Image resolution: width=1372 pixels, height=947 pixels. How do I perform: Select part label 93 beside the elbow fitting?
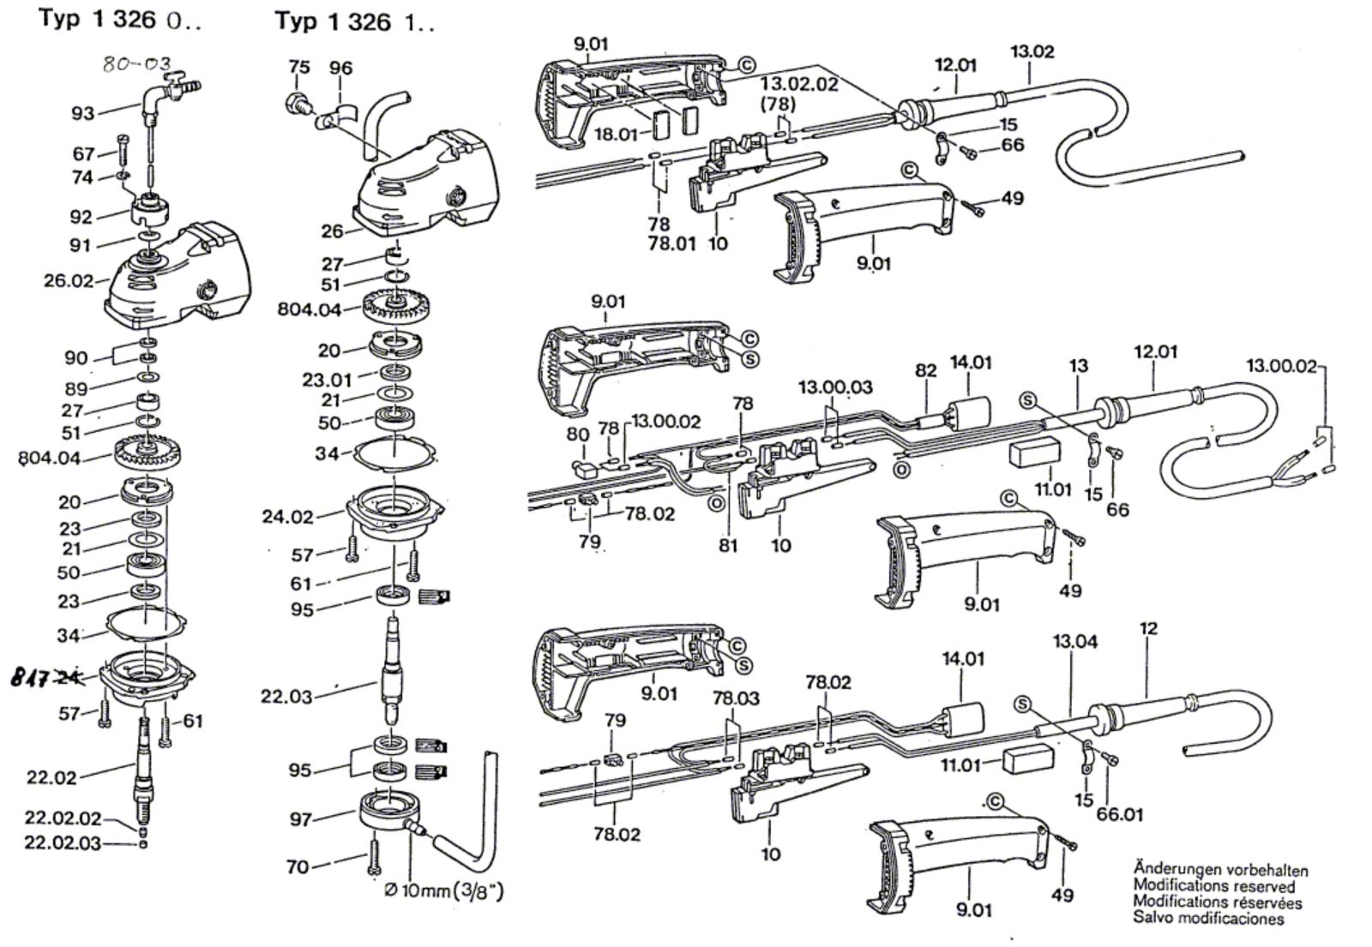pos(83,112)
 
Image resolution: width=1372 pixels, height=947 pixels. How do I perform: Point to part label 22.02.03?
pos(63,843)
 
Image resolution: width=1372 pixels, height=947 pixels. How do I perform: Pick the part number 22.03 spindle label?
pos(286,696)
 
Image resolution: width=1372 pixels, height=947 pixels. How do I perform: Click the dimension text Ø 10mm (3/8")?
pos(443,892)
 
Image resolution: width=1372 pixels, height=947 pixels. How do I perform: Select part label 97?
pos(300,819)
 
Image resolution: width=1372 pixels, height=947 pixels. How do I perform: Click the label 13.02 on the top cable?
pos(1032,51)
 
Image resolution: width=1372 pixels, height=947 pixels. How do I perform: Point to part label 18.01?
pos(617,134)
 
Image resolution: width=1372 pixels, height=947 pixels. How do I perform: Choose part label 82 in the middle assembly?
pos(926,370)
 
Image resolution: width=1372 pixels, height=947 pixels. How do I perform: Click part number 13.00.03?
pos(835,387)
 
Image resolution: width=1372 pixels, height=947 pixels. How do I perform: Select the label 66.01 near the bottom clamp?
pos(1119,813)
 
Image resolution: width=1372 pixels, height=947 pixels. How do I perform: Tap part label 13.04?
pos(1075,641)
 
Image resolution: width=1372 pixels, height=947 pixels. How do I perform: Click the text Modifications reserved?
pos(1213,886)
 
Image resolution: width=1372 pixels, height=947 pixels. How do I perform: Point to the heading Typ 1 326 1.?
pos(354,21)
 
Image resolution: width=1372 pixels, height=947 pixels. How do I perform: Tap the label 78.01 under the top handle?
pos(672,243)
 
